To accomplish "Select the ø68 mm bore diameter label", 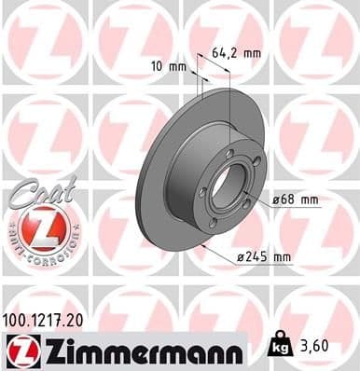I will click(x=296, y=199).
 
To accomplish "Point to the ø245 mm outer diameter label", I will click(x=295, y=257).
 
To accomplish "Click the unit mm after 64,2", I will click(x=252, y=53).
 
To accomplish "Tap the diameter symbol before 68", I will click(x=275, y=199).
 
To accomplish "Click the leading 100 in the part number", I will click(x=18, y=320).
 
